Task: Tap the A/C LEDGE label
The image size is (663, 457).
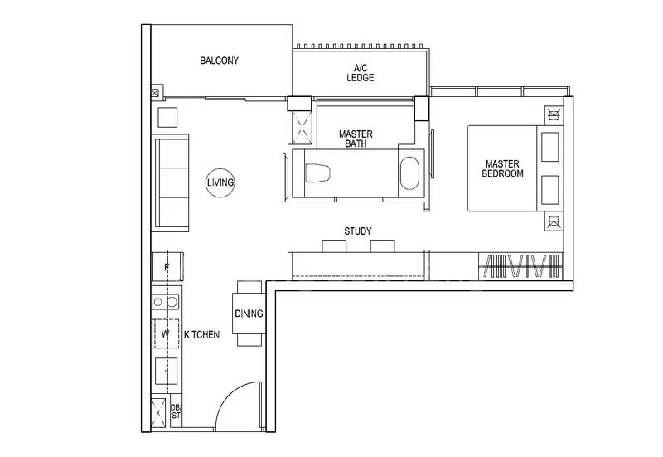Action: (361, 72)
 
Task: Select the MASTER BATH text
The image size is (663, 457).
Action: (356, 139)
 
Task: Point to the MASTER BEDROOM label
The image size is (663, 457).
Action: (504, 169)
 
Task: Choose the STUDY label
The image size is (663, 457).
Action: (357, 231)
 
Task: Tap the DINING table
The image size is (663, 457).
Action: (249, 313)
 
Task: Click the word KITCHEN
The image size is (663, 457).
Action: (201, 335)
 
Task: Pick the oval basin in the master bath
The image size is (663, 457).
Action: (410, 175)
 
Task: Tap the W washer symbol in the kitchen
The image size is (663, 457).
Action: (165, 333)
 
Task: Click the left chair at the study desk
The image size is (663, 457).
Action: (333, 246)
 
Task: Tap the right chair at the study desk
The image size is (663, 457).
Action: (382, 246)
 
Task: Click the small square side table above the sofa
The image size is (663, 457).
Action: (168, 116)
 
